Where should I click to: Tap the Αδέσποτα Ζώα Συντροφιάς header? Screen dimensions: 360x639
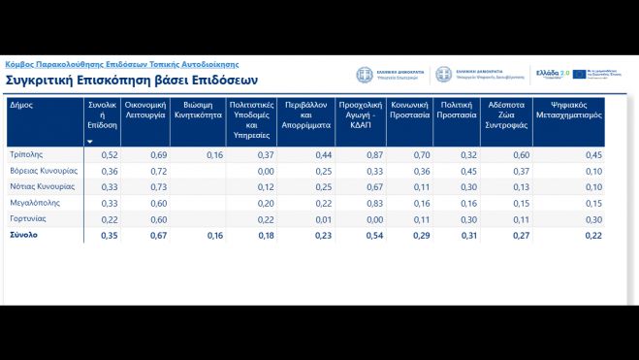[x=506, y=114]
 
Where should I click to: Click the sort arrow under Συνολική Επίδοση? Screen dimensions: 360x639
[x=90, y=142]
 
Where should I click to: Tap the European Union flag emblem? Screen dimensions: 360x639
[x=580, y=74]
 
